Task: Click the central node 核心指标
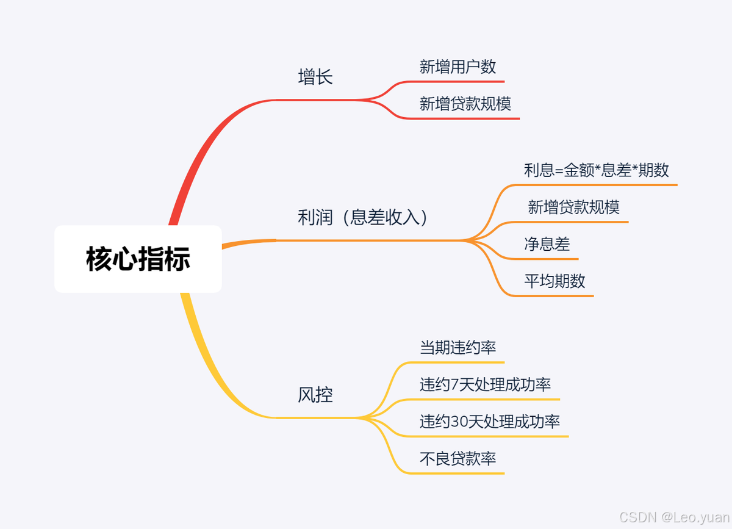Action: click(138, 259)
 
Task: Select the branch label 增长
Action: click(315, 77)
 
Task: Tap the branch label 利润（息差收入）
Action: click(363, 217)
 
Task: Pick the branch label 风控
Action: click(315, 395)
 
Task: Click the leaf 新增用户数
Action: click(457, 67)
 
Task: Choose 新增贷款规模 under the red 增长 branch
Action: click(465, 104)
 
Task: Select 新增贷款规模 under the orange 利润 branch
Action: click(573, 207)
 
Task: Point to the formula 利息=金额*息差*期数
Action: click(596, 170)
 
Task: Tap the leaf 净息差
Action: click(547, 244)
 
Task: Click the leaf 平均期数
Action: click(554, 281)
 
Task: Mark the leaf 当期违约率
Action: click(457, 348)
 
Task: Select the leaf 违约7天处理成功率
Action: click(485, 385)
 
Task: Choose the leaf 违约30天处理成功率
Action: click(489, 422)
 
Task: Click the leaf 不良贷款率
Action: click(457, 459)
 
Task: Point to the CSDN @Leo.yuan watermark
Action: click(673, 517)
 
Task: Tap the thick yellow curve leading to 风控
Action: click(207, 366)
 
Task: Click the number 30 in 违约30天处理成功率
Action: click(459, 422)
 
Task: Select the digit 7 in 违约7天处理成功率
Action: click(454, 385)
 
